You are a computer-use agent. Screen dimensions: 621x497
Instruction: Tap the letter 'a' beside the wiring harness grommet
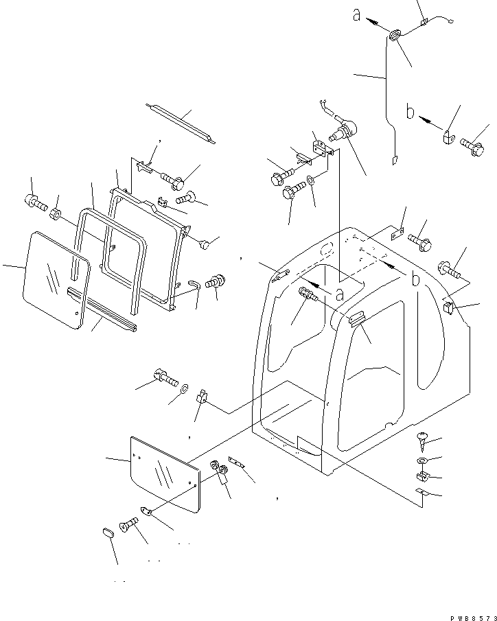tap(357, 14)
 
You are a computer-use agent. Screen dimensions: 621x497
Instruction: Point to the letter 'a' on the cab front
tap(338, 292)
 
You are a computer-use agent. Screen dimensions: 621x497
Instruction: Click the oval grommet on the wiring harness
tap(396, 36)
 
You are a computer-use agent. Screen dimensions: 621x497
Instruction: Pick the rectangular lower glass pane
tap(164, 473)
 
